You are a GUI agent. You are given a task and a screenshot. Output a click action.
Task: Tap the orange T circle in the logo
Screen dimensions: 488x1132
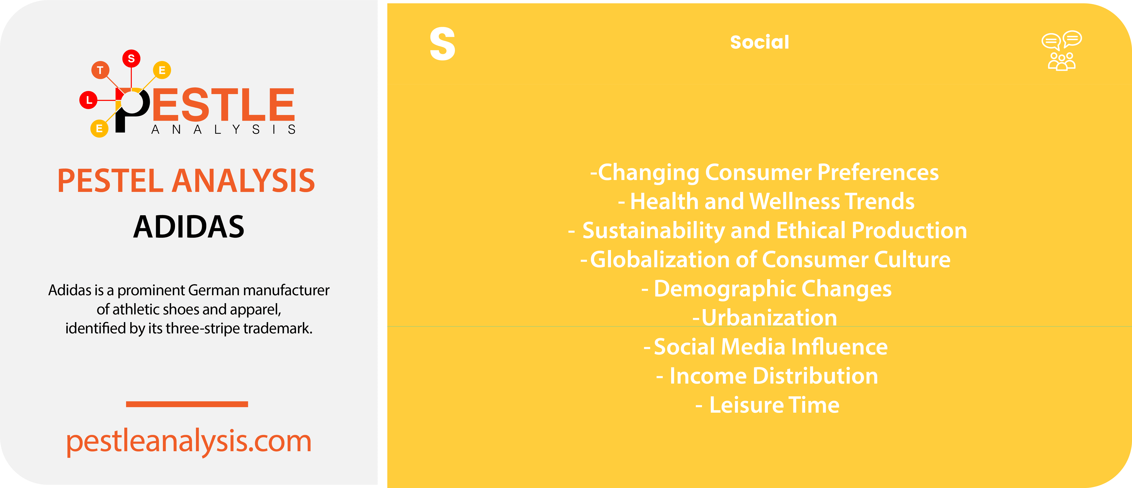coord(100,70)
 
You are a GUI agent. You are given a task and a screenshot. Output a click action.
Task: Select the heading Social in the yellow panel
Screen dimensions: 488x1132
coord(759,42)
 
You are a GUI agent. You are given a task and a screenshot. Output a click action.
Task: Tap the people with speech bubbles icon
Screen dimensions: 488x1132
coord(1062,51)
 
